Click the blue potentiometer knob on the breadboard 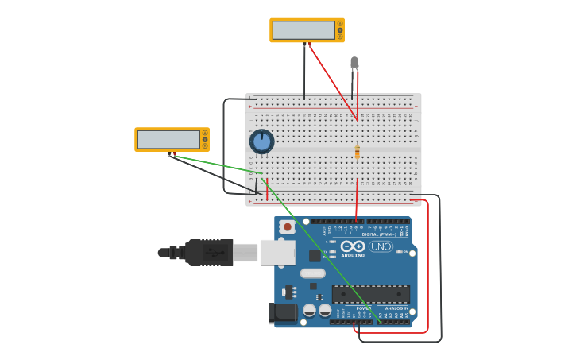261,141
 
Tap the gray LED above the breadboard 354,62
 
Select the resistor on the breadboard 358,152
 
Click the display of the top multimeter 303,30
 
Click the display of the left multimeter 168,140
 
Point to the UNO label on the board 381,246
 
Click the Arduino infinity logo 353,246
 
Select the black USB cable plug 208,252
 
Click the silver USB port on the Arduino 277,252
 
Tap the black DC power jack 282,313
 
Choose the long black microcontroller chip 371,294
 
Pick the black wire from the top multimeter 304,72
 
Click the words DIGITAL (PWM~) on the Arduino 381,234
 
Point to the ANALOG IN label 396,308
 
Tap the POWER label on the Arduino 363,308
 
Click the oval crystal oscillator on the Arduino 312,273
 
